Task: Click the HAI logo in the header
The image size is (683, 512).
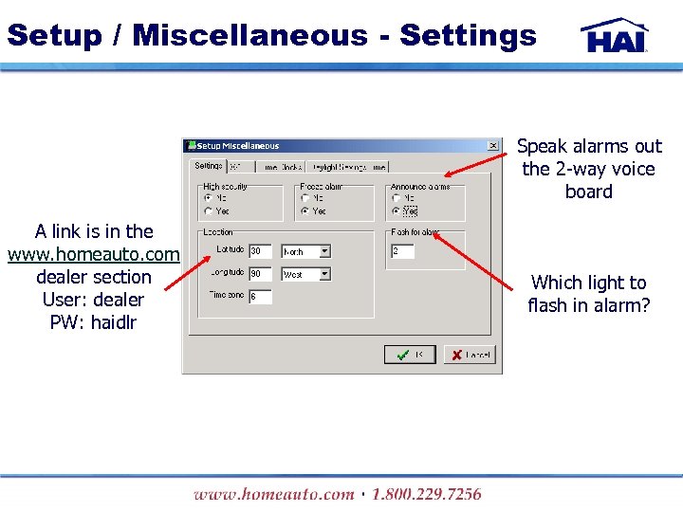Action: click(x=615, y=35)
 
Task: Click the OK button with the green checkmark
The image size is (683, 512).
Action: click(x=409, y=355)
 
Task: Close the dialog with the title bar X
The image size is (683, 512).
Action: click(x=493, y=145)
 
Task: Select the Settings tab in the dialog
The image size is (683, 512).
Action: click(x=208, y=166)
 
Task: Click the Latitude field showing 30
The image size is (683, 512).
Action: click(x=260, y=251)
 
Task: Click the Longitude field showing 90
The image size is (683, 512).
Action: click(x=260, y=274)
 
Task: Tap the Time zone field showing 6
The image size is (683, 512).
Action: click(x=260, y=297)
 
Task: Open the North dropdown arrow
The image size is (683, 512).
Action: click(x=324, y=251)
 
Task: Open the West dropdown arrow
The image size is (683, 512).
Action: click(x=324, y=274)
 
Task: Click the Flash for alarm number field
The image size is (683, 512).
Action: click(x=402, y=251)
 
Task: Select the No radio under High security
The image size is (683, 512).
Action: click(x=209, y=198)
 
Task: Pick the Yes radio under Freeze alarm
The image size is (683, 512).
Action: click(x=305, y=210)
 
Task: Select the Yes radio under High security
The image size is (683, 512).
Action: click(x=209, y=210)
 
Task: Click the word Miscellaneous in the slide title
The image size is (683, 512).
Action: click(x=250, y=35)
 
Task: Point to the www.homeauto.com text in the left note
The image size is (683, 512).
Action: click(x=93, y=254)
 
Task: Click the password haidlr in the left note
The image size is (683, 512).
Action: click(x=113, y=322)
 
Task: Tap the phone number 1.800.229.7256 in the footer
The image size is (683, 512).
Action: click(x=426, y=494)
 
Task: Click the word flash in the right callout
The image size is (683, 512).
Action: click(x=546, y=305)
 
